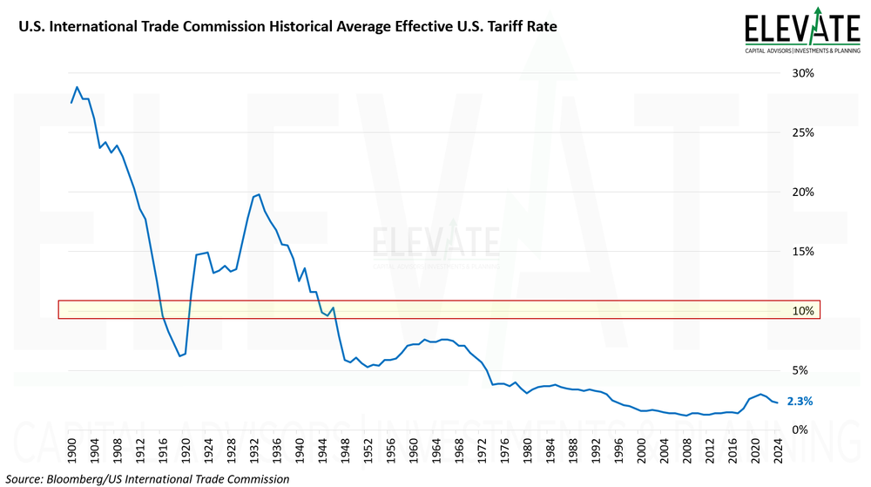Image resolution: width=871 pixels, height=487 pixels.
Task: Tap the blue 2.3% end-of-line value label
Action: coord(800,402)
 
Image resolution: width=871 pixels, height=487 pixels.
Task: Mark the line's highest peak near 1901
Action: coord(77,87)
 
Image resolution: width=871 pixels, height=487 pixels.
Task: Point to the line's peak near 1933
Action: coord(259,194)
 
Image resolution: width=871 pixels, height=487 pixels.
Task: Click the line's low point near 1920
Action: coord(179,355)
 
